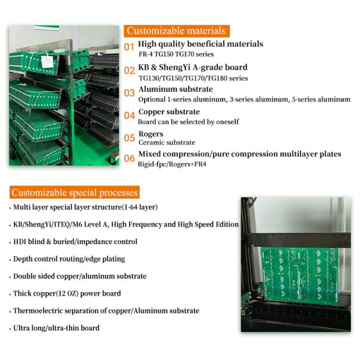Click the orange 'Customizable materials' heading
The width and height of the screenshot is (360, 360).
tap(176, 31)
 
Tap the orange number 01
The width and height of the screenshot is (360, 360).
tap(129, 47)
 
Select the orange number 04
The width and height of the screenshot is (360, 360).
tap(129, 115)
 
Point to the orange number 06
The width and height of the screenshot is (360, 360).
tap(129, 158)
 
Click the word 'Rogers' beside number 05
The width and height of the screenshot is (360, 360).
tap(151, 134)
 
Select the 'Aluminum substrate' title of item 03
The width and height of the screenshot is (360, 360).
tap(176, 89)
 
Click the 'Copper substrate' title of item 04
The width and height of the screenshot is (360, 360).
tap(169, 112)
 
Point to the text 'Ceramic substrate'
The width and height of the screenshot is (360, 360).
tap(167, 143)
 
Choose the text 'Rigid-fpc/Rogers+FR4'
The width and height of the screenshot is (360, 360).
tap(172, 164)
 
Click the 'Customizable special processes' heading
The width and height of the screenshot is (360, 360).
tap(74, 193)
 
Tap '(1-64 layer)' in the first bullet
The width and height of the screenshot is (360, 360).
tap(140, 207)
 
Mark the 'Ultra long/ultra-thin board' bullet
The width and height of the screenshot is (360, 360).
tap(56, 328)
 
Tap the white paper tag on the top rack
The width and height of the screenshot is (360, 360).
tap(47, 61)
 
